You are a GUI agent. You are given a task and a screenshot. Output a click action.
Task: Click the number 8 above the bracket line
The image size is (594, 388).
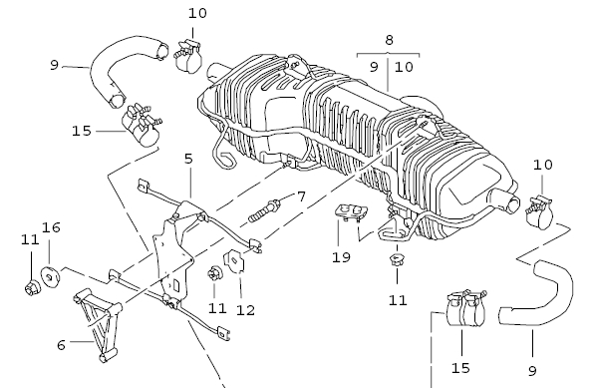coord(389,40)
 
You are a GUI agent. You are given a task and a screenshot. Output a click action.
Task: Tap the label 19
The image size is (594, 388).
coord(341,257)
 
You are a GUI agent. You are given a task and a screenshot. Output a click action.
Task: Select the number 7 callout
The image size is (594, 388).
coord(301,196)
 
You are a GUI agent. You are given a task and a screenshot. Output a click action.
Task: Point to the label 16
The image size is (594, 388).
coord(51,227)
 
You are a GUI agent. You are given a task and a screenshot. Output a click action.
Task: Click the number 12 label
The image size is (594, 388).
coord(245,310)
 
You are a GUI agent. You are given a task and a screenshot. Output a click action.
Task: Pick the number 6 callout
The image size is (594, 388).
coord(61,345)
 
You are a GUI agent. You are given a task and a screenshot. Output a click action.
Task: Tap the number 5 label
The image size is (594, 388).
coord(188,159)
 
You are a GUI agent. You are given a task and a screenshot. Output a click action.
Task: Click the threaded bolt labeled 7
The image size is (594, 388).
coord(265,211)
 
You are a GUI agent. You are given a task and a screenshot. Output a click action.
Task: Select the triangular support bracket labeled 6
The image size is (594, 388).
coord(98,324)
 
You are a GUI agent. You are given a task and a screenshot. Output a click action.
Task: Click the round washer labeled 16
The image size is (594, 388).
coord(50,277)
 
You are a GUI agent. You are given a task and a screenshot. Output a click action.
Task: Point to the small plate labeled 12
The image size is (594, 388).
coord(234,262)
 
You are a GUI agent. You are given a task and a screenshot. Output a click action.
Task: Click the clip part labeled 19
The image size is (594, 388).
coord(351,212)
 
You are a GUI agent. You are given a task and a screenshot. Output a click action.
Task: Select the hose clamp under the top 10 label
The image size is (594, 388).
coord(188,56)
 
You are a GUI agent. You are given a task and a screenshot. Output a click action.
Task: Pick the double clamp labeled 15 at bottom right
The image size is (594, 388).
coord(466,308)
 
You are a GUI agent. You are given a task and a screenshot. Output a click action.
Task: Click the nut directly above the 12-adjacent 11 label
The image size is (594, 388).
coord(214,274)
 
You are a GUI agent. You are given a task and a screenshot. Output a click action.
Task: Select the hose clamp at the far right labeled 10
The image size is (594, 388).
coord(539,212)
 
